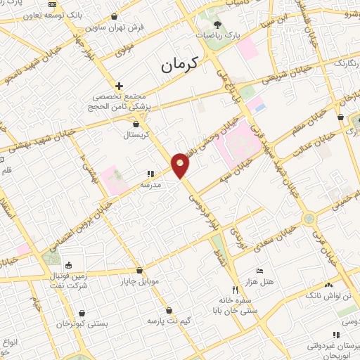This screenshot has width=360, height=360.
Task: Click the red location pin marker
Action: coord(180,164)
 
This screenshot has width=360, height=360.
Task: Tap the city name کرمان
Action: coord(181,65)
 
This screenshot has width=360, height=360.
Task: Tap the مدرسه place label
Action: coord(151,184)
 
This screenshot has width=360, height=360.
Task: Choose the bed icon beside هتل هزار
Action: coord(259,270)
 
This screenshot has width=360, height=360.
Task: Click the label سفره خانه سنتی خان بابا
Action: coord(237,303)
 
